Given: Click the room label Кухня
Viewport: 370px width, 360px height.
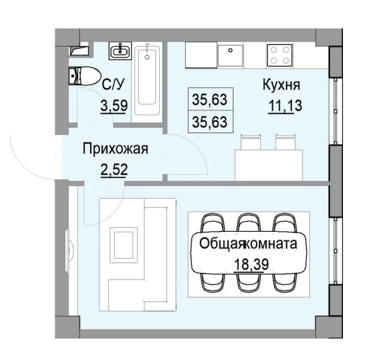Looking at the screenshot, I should click(281, 84).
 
